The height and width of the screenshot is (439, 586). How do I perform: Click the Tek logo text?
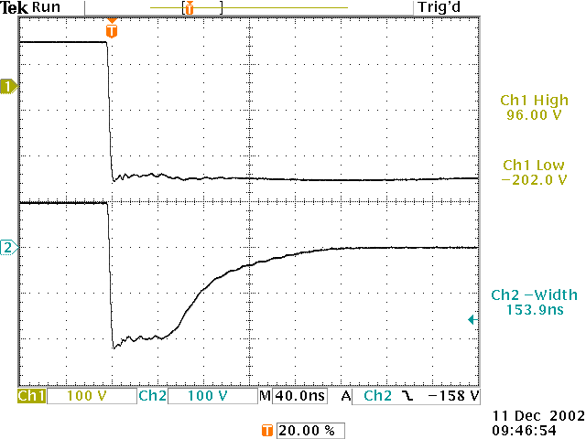click(x=16, y=7)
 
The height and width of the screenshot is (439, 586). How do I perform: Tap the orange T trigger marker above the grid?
click(x=112, y=30)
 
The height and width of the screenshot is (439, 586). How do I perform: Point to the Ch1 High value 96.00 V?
click(x=533, y=116)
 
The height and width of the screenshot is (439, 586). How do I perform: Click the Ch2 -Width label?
click(x=534, y=294)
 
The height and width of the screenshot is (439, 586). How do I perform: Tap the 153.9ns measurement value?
click(x=534, y=310)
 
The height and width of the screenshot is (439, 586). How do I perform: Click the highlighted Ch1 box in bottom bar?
click(x=31, y=396)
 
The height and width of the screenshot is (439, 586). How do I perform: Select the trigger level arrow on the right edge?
click(x=471, y=319)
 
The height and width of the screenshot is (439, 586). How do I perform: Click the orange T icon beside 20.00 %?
click(x=266, y=430)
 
